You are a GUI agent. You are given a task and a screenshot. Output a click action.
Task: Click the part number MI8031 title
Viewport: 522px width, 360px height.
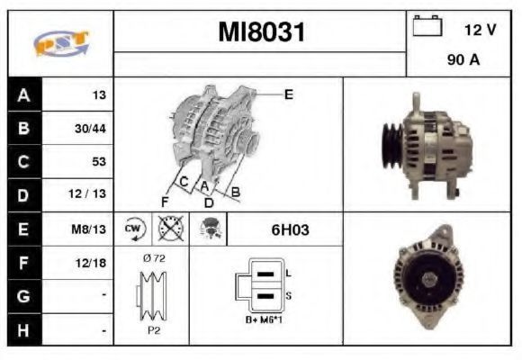[261, 32]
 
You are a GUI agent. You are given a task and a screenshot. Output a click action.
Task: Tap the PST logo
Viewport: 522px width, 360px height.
[61, 43]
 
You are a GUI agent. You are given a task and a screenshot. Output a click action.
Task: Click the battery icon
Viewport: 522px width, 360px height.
[427, 25]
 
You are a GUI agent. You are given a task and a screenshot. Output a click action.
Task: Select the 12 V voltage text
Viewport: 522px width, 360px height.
[480, 30]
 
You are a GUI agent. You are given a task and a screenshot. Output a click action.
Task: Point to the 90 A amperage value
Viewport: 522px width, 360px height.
[463, 60]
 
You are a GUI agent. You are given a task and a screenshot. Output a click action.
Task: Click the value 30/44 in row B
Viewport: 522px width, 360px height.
[90, 129]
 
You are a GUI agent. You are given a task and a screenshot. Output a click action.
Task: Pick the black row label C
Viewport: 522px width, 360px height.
[24, 162]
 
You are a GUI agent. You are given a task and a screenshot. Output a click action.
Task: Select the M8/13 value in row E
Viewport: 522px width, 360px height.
[88, 229]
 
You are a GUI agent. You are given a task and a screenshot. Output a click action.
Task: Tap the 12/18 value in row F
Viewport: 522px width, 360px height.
[91, 263]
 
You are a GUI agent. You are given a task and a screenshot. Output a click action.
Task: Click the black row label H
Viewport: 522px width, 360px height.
[24, 330]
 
